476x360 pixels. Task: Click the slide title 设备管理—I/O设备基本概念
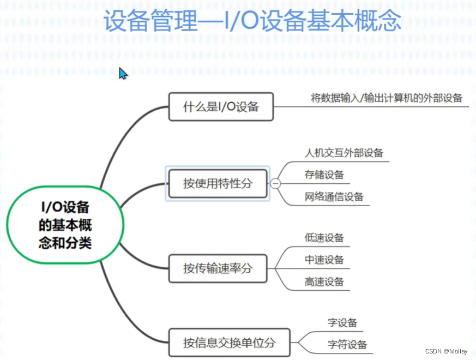pos(252,22)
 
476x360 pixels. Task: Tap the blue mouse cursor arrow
pos(123,74)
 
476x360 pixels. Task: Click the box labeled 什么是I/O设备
pos(220,106)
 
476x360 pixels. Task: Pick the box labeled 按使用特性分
pos(218,183)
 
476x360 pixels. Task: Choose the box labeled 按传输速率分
pos(218,268)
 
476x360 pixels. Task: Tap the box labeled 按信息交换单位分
pos(229,343)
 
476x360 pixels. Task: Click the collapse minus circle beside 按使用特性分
pos(276,184)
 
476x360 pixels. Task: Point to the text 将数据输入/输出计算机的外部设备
pos(387,98)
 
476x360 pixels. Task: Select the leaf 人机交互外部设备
pos(344,153)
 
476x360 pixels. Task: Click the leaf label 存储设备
pos(324,175)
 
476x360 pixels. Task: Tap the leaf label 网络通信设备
pos(334,197)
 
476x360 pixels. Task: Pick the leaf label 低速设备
pos(324,238)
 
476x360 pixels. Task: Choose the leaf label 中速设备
pos(324,260)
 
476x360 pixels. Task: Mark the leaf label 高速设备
pos(324,281)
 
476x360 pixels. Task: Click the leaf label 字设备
pos(342,322)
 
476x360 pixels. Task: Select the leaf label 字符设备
pos(347,344)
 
